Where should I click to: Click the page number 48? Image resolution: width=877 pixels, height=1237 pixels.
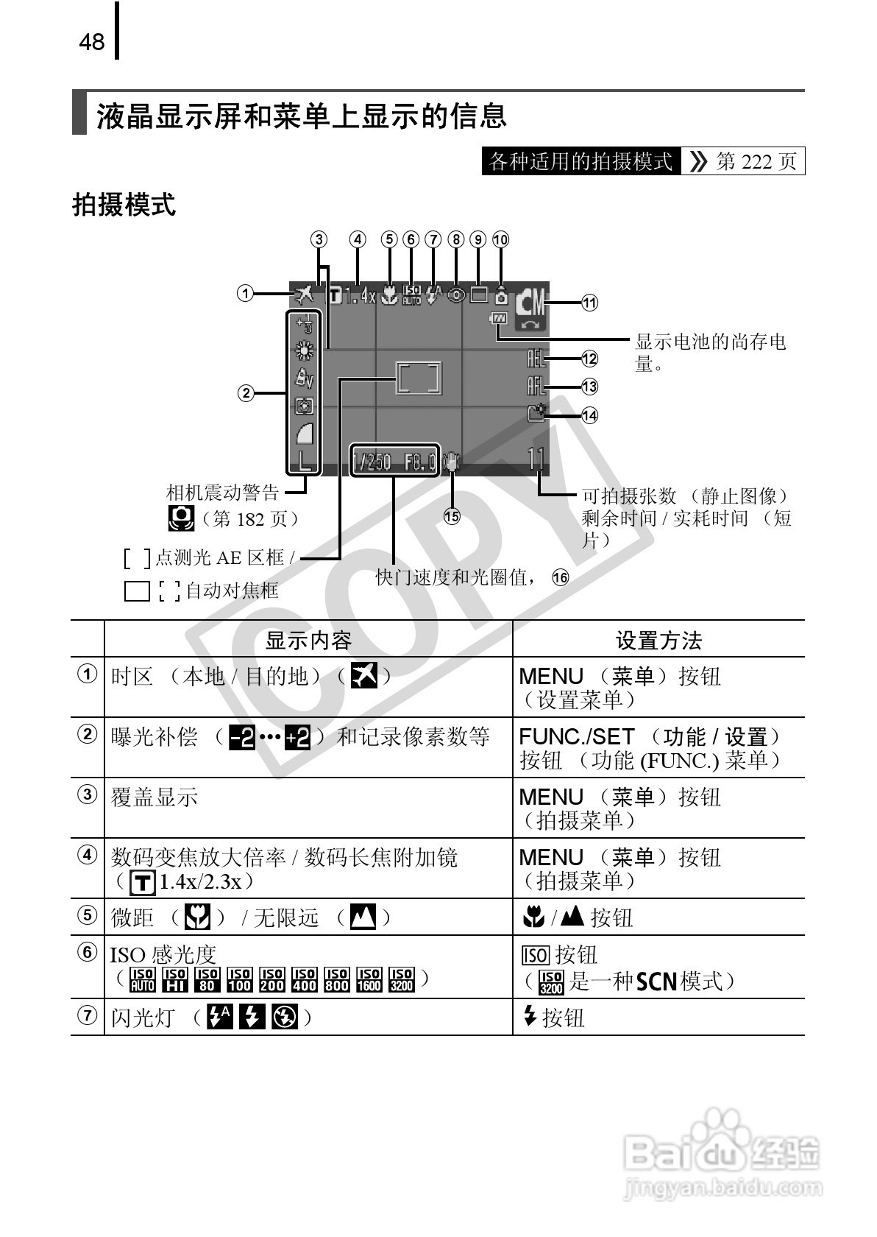92,42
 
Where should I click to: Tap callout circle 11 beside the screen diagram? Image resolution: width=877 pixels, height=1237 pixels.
589,303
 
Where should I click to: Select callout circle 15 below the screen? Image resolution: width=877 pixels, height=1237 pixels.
452,516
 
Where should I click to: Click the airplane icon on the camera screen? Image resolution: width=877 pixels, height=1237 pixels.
304,295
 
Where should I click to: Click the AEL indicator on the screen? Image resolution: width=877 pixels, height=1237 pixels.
536,359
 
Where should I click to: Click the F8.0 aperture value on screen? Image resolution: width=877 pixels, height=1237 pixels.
420,462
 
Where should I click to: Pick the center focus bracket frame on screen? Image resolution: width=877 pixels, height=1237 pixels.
419,378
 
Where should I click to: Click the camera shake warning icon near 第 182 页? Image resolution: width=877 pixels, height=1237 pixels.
181,518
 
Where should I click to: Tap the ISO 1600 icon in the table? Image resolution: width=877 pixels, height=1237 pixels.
369,979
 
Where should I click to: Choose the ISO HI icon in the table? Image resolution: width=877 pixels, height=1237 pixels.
175,979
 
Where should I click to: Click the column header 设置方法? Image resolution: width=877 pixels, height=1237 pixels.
658,640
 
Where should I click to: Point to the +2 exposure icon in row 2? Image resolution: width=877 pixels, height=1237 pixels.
298,736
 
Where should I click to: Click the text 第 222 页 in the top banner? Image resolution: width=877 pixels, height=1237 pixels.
756,161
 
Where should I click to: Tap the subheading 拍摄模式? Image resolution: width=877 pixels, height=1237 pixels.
124,205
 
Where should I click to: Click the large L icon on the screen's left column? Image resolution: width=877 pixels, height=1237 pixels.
305,462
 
